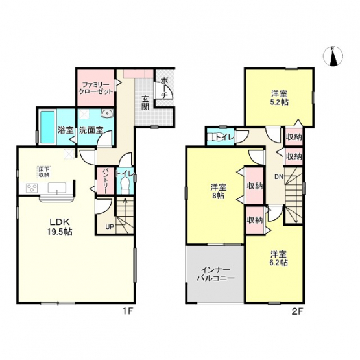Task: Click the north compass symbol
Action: [333, 56]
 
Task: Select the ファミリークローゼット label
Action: [96, 88]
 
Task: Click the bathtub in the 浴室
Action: [48, 126]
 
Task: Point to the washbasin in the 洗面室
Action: [107, 113]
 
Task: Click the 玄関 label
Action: [145, 102]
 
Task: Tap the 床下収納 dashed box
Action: [43, 172]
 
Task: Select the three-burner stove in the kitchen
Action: [32, 188]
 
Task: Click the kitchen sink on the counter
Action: [57, 188]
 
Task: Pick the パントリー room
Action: [105, 180]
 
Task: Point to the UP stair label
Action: [110, 227]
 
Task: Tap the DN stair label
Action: [280, 176]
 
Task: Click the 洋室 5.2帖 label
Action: [280, 98]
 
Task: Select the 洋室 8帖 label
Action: [219, 191]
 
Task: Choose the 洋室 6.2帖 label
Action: [279, 258]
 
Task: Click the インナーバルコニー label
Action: [215, 274]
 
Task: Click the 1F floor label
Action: [127, 311]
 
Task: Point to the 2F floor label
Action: [298, 311]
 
